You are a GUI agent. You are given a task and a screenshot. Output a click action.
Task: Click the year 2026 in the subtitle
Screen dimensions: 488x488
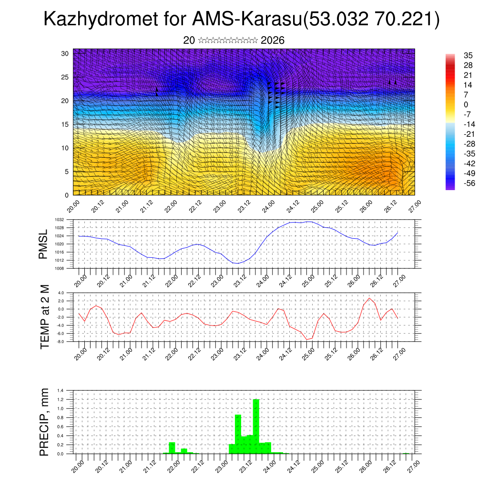[273, 41]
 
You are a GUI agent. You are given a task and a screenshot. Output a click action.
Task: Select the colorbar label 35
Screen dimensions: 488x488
[455, 55]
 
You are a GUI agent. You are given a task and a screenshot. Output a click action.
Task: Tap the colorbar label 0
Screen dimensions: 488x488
[453, 104]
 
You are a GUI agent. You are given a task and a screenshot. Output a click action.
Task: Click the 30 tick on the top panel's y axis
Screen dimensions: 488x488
[65, 53]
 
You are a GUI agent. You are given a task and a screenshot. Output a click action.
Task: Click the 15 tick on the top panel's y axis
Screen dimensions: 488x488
[65, 124]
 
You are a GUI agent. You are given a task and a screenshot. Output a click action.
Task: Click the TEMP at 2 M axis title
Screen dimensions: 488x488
[45, 317]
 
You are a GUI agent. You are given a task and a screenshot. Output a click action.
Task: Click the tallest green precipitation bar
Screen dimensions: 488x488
[256, 426]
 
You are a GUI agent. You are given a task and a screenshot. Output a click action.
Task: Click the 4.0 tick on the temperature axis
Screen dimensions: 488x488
[61, 293]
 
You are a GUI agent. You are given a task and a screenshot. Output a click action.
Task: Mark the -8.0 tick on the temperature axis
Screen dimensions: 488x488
[60, 342]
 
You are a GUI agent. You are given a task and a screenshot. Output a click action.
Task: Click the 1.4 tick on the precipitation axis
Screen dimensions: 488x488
[61, 390]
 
